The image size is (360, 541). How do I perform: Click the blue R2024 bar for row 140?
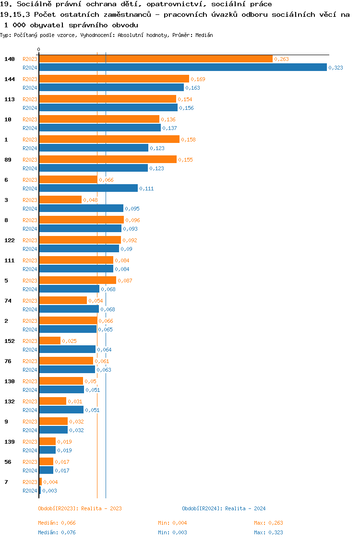pyautogui.click(x=182, y=68)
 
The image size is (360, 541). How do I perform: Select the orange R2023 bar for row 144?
pyautogui.click(x=114, y=79)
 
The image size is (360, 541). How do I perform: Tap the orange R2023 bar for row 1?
pyautogui.click(x=109, y=140)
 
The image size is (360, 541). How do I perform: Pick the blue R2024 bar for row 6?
pyautogui.click(x=88, y=188)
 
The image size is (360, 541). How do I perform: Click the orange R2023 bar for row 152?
pyautogui.click(x=50, y=341)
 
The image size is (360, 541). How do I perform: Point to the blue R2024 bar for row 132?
pyautogui.click(x=61, y=410)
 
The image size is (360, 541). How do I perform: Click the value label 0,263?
pyautogui.click(x=281, y=59)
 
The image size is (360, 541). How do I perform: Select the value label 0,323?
pyautogui.click(x=336, y=68)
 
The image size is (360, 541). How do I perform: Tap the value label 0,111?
pyautogui.click(x=146, y=188)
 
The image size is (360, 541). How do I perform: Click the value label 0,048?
pyautogui.click(x=90, y=200)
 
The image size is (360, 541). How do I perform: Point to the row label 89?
pyautogui.click(x=8, y=160)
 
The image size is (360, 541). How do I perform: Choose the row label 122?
pyautogui.click(x=10, y=240)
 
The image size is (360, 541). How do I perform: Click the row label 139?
pyautogui.click(x=10, y=442)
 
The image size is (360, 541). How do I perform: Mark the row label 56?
pyautogui.click(x=8, y=462)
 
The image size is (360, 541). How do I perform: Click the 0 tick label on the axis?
pyautogui.click(x=39, y=49)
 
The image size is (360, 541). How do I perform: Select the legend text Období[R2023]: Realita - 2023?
pyautogui.click(x=80, y=508)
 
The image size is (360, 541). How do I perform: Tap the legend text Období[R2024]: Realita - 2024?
pyautogui.click(x=224, y=508)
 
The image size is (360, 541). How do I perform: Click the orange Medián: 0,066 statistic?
pyautogui.click(x=57, y=523)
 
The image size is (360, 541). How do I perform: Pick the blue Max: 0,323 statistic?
pyautogui.click(x=272, y=532)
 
